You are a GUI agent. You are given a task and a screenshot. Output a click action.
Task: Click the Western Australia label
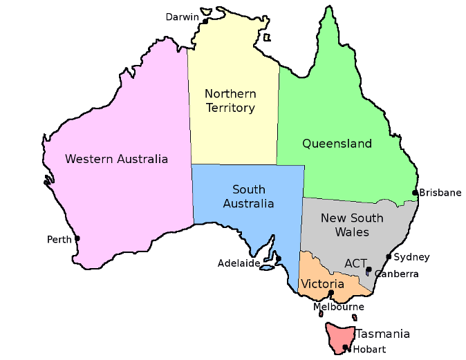(116, 159)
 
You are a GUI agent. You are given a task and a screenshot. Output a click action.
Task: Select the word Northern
(230, 94)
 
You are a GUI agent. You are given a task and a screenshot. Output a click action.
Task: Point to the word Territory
(230, 108)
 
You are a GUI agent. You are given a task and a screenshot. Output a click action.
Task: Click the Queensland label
(337, 144)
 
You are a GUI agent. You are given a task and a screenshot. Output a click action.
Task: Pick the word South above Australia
(249, 189)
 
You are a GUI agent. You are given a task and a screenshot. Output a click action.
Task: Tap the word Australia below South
(249, 203)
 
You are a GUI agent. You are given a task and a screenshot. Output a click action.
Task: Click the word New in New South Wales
(331, 218)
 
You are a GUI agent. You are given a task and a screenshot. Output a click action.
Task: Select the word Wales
(352, 232)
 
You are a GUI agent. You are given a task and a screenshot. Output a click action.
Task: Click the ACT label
(355, 263)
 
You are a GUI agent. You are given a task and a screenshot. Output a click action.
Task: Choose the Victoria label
(322, 284)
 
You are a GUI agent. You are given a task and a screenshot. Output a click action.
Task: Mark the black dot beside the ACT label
(370, 269)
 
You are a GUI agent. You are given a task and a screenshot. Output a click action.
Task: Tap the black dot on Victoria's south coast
(332, 294)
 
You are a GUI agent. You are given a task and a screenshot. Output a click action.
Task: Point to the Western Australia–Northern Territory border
(189, 111)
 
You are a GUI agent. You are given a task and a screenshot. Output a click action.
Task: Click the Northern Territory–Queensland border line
(279, 117)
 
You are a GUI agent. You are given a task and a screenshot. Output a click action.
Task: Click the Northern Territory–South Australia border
(235, 164)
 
